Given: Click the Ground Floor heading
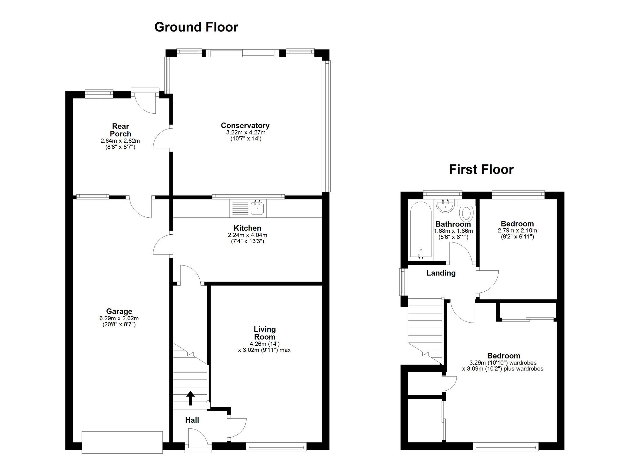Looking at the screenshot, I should [x=196, y=27].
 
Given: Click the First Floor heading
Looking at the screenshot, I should [x=481, y=169].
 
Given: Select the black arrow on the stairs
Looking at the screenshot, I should [x=190, y=398].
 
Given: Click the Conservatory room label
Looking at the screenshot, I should [x=245, y=125].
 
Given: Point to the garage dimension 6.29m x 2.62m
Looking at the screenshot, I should [x=119, y=318].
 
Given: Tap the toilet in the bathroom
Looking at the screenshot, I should [x=467, y=213].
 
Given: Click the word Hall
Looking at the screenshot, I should [x=192, y=420].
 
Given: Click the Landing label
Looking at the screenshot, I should [x=441, y=273].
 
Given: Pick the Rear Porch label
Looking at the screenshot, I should [x=120, y=130].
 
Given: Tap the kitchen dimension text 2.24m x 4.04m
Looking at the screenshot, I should [x=247, y=235].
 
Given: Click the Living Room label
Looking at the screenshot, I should [x=265, y=333].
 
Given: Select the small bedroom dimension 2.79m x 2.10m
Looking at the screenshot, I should [x=517, y=230].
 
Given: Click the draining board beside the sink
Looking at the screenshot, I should [x=240, y=208].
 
